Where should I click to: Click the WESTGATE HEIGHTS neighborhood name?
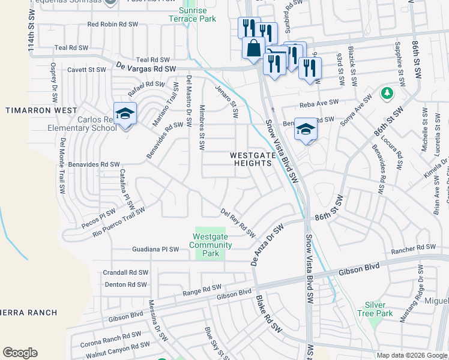253,159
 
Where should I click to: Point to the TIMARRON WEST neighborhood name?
41,110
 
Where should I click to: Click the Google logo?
20,353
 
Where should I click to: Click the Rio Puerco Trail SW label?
119,220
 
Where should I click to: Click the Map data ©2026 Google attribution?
412,355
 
